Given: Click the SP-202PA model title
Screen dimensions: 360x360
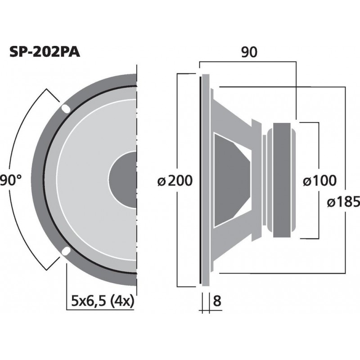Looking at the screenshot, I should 45,53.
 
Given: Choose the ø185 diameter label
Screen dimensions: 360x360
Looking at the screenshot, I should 343,202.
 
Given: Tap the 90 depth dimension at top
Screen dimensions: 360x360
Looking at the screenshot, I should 248,53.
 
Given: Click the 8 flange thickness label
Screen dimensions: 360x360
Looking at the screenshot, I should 217,301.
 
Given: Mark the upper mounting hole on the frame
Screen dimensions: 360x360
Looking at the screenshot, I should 66,108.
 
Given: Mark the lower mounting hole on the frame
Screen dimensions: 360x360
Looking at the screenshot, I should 66,251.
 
